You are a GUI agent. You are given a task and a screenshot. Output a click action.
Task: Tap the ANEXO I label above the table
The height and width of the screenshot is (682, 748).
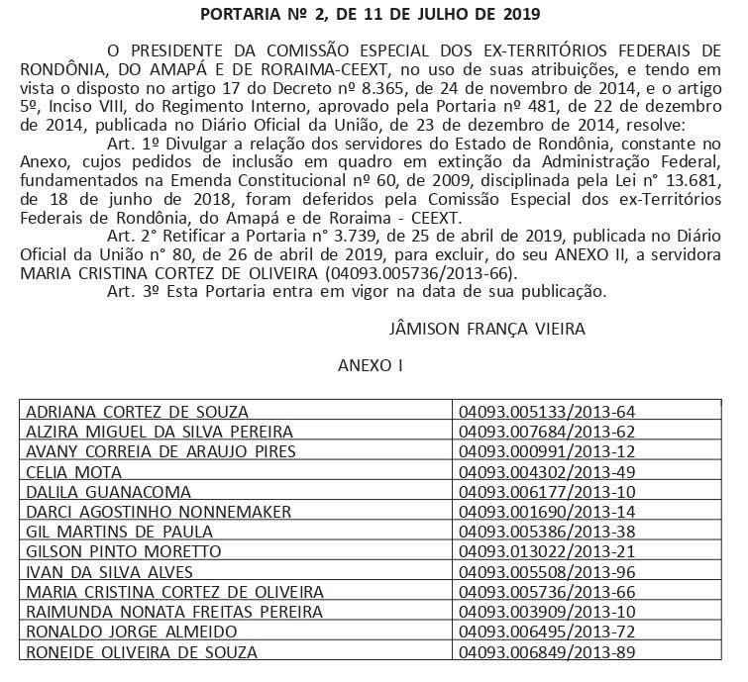point(371,365)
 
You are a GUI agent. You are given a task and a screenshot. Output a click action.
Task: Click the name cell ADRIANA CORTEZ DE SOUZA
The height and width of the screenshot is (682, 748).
point(137,412)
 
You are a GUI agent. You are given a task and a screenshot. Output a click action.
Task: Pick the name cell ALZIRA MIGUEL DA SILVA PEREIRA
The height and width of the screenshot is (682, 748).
point(160,432)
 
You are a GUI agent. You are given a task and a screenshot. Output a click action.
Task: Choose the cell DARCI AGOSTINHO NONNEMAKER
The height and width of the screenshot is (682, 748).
point(159,512)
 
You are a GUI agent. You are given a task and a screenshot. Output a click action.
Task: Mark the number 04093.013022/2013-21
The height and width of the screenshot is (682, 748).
point(548,551)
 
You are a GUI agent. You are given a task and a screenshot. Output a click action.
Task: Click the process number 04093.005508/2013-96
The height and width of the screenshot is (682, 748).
point(548,572)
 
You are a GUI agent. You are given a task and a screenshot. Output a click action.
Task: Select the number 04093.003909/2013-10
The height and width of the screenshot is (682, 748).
point(548,612)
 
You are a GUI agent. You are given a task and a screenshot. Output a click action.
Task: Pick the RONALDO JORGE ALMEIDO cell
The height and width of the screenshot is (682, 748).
point(131,632)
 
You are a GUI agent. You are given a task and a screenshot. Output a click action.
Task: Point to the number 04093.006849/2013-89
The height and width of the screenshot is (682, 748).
point(548,651)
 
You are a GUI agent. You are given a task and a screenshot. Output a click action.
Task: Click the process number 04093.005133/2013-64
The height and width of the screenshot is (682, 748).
point(548,412)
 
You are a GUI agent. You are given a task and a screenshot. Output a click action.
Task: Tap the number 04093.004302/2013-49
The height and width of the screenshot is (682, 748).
point(548,472)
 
